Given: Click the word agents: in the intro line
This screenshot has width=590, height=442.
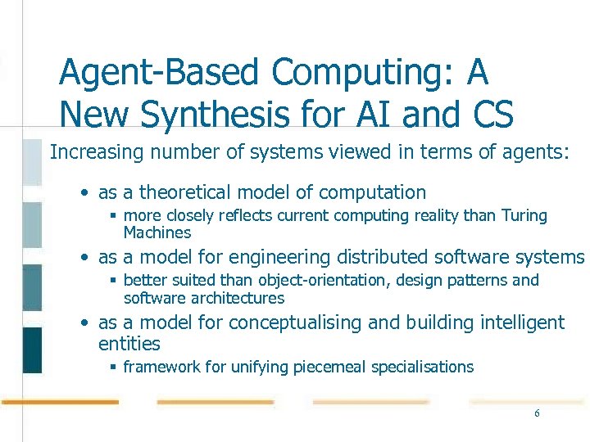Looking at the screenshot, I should coord(538,151).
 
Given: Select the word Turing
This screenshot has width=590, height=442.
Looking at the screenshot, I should coord(523,216).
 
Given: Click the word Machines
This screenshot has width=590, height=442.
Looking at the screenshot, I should coord(157,232).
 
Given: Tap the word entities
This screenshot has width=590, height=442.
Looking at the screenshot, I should coord(129,344).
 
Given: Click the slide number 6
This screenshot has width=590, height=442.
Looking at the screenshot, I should coord(537,413).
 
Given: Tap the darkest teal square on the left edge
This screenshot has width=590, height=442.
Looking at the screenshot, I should coord(32,350).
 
